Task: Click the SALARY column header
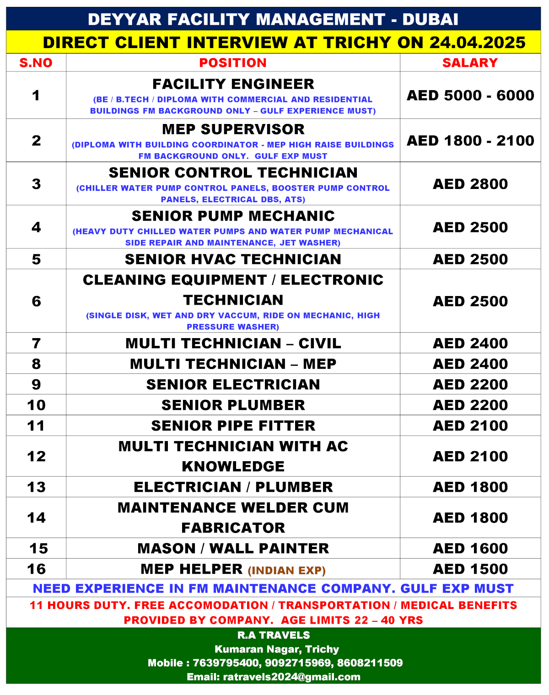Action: (x=470, y=63)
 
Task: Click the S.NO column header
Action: (x=36, y=63)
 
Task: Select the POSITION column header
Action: (x=233, y=63)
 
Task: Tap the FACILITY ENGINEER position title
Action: (x=233, y=84)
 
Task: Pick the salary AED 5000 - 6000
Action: (x=470, y=95)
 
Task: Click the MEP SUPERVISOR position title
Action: (x=233, y=129)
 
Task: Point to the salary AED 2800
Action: (x=470, y=184)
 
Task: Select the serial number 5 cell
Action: (x=36, y=259)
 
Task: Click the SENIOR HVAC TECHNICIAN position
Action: (x=233, y=259)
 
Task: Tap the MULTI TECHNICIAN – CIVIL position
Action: (x=233, y=343)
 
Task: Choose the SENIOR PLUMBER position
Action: (x=233, y=405)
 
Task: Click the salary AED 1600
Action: (x=470, y=548)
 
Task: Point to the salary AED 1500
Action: (x=470, y=569)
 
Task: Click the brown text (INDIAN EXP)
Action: (x=287, y=571)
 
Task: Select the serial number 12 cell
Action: (x=36, y=456)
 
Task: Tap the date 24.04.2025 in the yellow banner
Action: (x=478, y=43)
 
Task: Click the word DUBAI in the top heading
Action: (x=430, y=19)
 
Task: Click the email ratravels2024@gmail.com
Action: (x=291, y=677)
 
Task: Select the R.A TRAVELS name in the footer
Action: (x=274, y=635)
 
